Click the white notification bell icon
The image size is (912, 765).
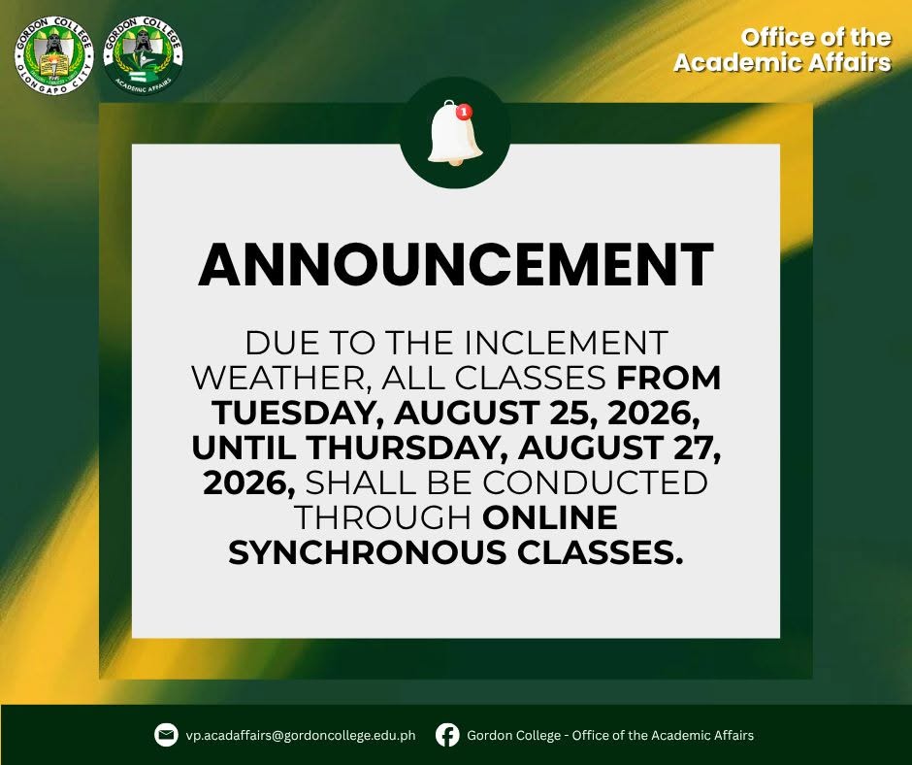tap(454, 133)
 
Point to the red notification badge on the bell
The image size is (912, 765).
tap(464, 112)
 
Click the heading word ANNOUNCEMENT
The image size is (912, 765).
tap(456, 264)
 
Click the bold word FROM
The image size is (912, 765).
tap(668, 379)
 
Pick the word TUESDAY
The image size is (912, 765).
tap(300, 414)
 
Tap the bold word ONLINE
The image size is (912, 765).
tap(550, 517)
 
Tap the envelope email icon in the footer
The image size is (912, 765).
tap(166, 735)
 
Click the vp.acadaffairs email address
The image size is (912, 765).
tap(301, 735)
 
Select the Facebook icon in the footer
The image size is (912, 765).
tap(447, 735)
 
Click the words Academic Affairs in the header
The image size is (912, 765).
tap(782, 62)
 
